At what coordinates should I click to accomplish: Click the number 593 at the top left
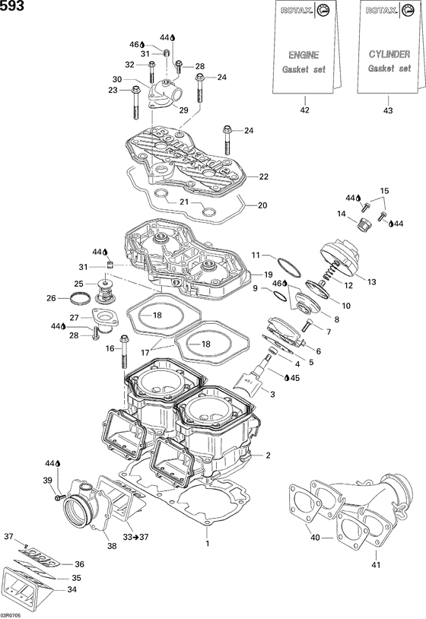tap(13, 6)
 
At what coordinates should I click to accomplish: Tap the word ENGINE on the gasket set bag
tap(304, 55)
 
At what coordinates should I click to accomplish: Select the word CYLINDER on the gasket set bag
tap(389, 54)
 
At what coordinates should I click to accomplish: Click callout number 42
tap(306, 110)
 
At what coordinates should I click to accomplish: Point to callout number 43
tap(389, 110)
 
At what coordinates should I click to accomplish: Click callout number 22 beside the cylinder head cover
tap(264, 177)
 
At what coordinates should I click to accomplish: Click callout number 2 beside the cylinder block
tap(267, 456)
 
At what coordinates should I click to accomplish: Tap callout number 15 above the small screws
tap(384, 190)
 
